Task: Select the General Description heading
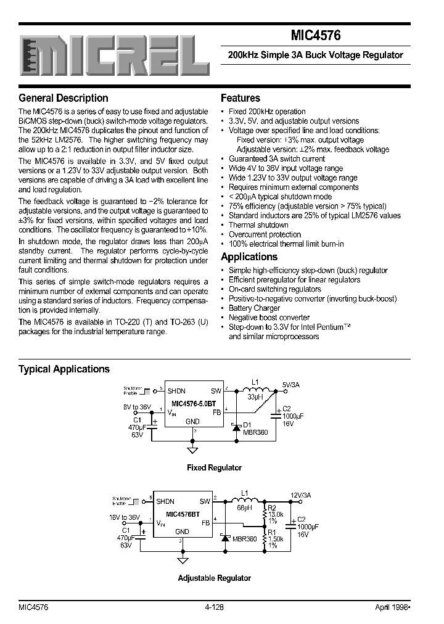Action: point(64,98)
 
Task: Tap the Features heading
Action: point(240,98)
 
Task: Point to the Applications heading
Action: point(249,257)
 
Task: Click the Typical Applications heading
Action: point(64,369)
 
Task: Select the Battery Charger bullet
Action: point(254,308)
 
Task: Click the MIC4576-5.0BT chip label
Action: point(189,403)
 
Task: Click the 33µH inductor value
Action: point(255,398)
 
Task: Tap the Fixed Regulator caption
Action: point(214,468)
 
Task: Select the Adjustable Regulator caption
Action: point(214,578)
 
